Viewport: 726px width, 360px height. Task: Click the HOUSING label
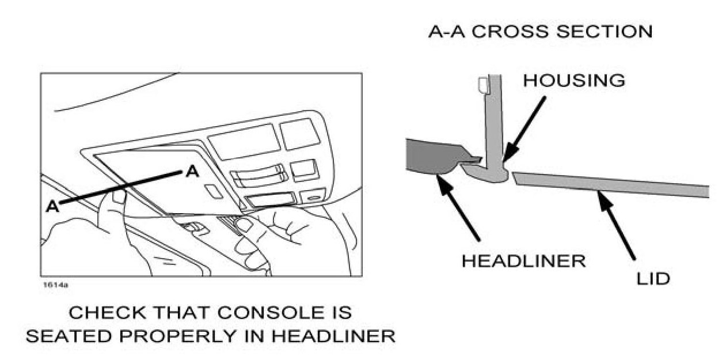573,81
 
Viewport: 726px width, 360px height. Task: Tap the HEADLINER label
523,261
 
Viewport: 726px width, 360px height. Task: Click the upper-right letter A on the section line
192,171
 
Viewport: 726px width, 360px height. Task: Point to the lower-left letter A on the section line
52,206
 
